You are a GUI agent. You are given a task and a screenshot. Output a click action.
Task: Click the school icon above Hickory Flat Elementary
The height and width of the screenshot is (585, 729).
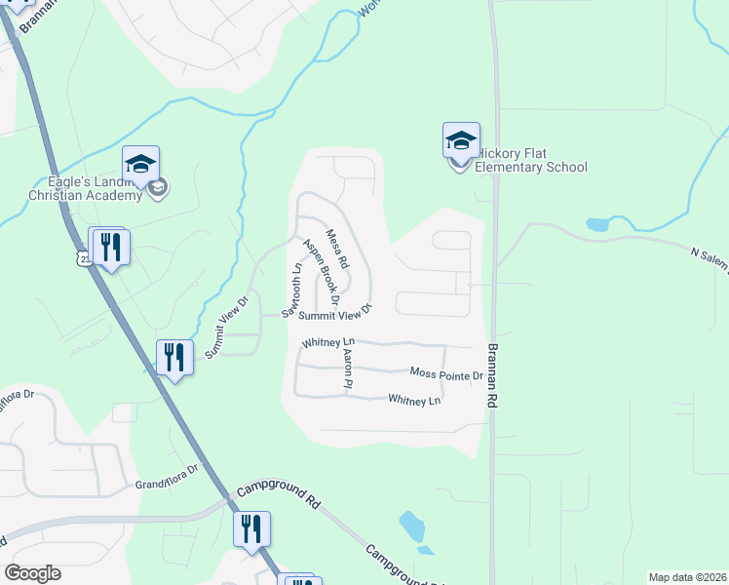461,141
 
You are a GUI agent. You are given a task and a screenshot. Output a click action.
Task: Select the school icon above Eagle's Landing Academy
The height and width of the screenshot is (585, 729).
140,163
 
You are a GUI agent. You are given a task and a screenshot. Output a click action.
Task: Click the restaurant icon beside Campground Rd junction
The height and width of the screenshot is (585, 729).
251,528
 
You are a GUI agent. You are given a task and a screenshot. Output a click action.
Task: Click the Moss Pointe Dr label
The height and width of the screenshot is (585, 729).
446,374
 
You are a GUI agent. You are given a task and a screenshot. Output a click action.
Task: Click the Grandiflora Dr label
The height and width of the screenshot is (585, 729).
167,483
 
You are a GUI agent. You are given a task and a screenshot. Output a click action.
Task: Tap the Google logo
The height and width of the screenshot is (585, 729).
32,573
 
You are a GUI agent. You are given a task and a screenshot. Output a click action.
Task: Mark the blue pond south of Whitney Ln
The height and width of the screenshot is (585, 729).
412,526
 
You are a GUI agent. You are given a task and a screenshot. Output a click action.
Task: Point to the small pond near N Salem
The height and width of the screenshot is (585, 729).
597,224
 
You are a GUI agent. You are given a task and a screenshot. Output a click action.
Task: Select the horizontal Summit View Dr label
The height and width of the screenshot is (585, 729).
335,314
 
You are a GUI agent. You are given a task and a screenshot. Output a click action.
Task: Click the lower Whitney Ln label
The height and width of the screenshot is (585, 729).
414,400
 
